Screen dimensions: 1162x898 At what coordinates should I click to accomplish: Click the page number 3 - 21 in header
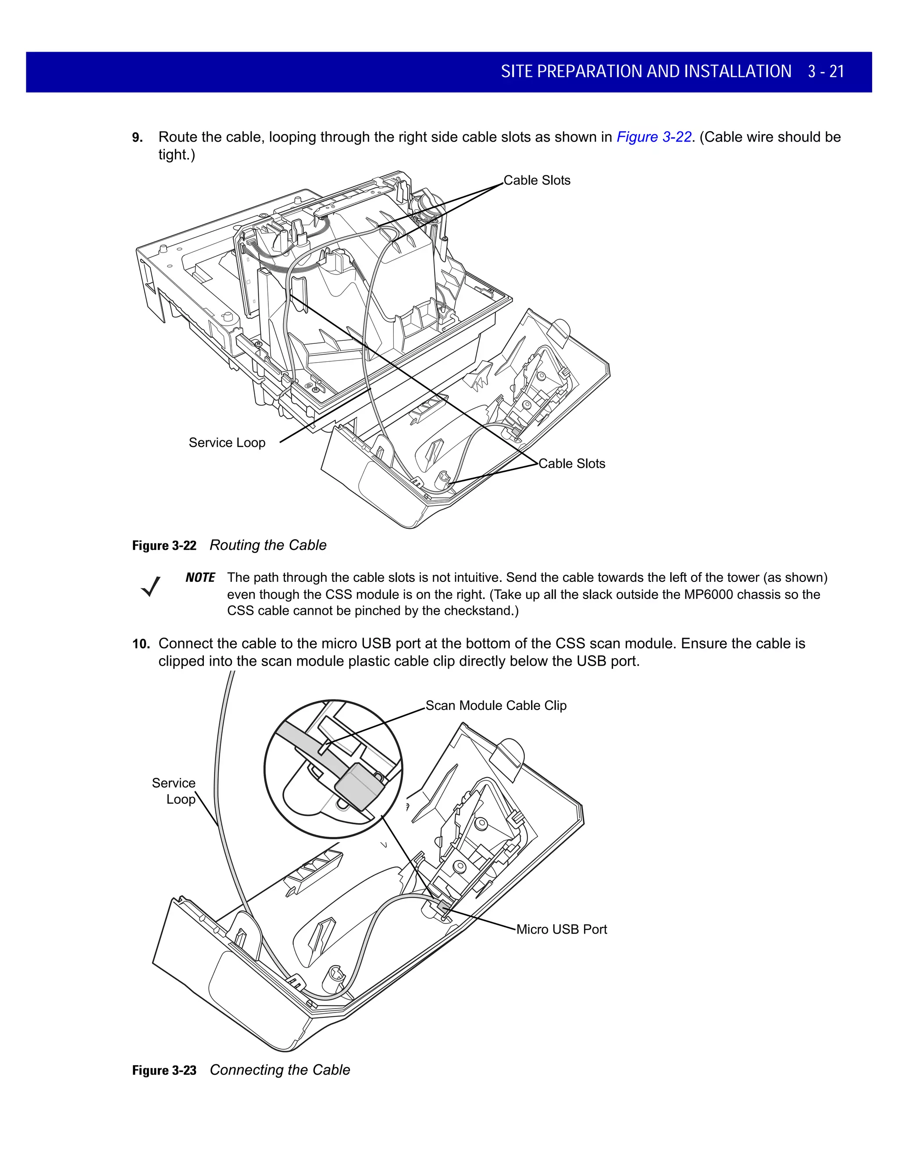(826, 71)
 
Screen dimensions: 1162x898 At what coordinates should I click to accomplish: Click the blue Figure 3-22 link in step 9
(653, 137)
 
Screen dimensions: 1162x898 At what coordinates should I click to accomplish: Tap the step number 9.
(137, 138)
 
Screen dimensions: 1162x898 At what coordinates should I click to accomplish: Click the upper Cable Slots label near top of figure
(537, 180)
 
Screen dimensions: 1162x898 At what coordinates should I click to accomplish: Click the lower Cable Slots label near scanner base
(572, 463)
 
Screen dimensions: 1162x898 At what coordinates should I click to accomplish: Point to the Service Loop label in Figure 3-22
(227, 443)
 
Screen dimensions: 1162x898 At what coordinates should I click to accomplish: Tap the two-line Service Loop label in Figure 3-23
(175, 791)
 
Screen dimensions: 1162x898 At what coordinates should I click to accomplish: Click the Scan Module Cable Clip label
(496, 706)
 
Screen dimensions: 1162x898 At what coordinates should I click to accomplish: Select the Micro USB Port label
(561, 930)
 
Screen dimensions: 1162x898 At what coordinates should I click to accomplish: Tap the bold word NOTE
(200, 578)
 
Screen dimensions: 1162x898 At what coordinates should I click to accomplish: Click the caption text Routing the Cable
(268, 545)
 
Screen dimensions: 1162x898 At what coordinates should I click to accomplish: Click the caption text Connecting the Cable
(280, 1070)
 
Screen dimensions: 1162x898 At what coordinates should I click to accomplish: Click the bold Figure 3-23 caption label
(164, 1070)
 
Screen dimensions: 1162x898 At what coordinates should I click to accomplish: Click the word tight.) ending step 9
(177, 155)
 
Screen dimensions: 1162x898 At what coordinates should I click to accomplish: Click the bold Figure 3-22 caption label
(164, 546)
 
